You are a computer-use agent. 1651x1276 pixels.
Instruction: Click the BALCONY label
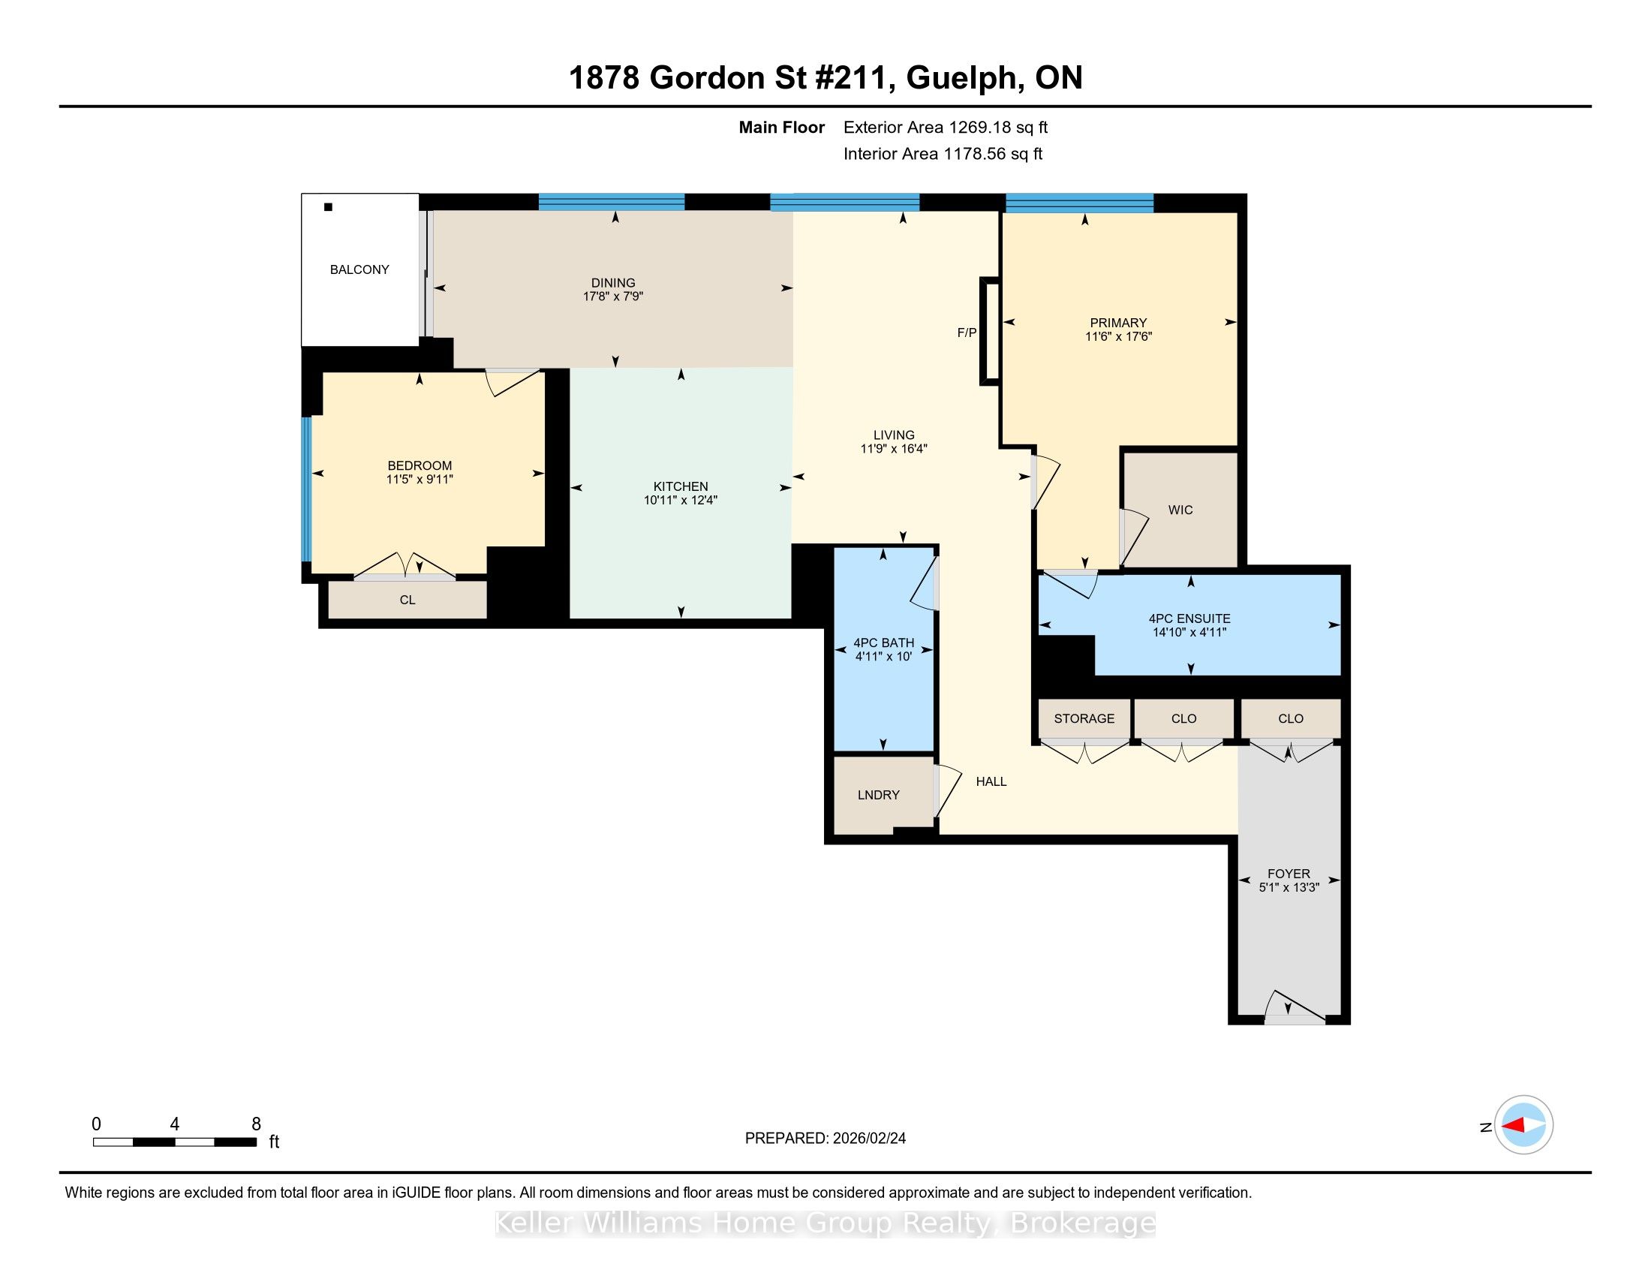359,270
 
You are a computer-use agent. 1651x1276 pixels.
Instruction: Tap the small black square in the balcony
328,207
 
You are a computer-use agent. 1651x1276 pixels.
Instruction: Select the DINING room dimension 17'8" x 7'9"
613,296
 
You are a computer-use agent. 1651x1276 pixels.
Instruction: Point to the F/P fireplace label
967,333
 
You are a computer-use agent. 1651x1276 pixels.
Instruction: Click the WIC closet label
1180,510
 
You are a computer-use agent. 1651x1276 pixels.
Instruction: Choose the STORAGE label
1084,718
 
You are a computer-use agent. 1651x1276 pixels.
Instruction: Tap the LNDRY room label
879,794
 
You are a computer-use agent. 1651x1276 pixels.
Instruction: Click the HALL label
991,781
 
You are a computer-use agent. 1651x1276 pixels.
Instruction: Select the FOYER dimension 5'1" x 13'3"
1289,887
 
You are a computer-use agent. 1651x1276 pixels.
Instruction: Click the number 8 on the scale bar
256,1124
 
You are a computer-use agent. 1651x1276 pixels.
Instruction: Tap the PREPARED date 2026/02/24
868,1139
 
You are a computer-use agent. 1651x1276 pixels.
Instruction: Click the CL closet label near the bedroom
407,600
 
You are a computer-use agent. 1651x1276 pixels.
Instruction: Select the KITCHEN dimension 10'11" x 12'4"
681,500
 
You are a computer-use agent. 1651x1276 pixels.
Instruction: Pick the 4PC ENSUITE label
1189,618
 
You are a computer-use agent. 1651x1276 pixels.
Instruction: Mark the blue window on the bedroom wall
307,489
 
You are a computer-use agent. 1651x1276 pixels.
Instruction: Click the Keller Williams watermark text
825,1223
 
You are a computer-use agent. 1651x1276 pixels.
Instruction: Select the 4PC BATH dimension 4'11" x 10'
884,657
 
